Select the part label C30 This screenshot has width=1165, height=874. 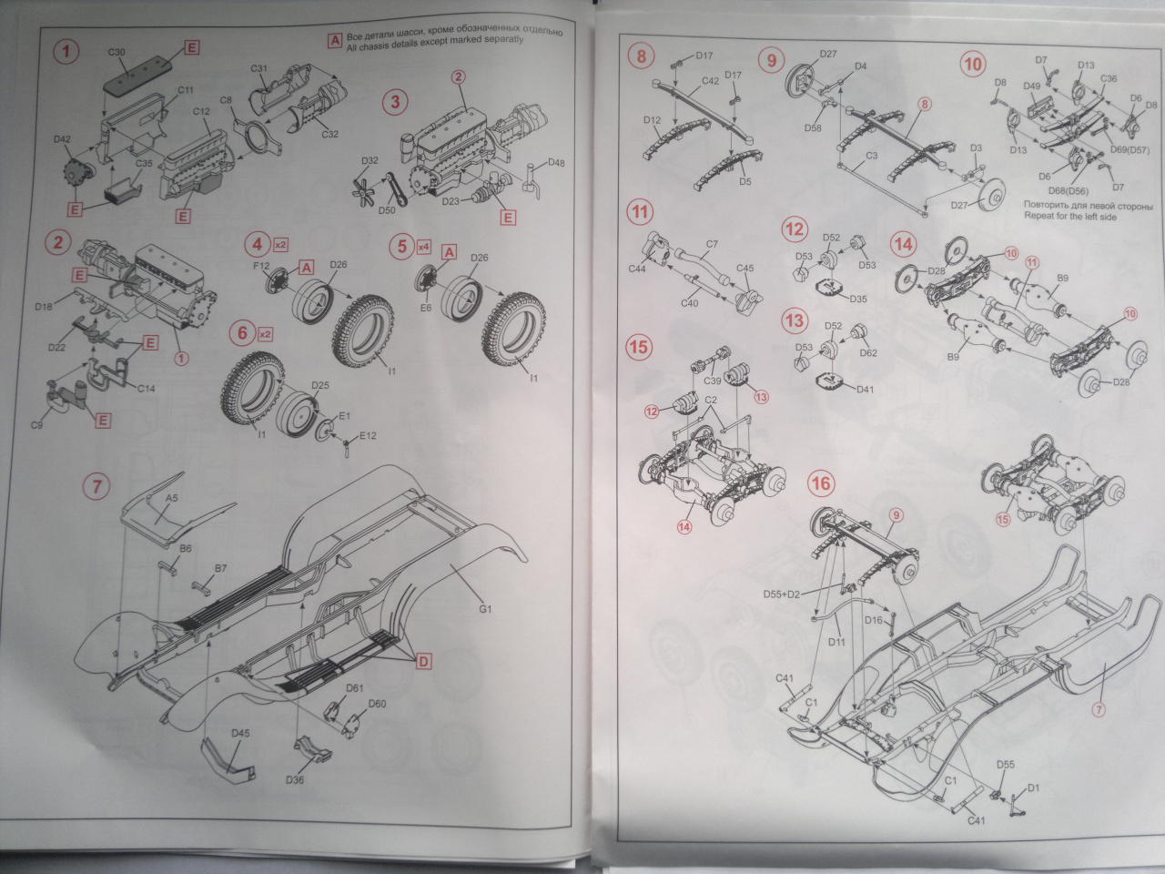tap(116, 52)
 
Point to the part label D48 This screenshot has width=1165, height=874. tap(556, 165)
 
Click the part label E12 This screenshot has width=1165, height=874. tap(367, 436)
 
